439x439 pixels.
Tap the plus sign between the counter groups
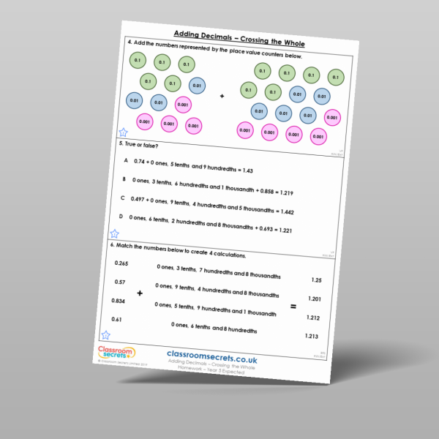pyautogui.click(x=222, y=96)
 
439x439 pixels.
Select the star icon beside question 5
pyautogui.click(x=114, y=234)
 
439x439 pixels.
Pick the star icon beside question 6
pyautogui.click(x=106, y=334)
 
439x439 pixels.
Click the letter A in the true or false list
pyautogui.click(x=125, y=160)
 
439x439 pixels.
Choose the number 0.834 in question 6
pyautogui.click(x=118, y=301)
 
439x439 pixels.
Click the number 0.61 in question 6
pyautogui.click(x=116, y=319)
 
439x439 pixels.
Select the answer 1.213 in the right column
pyautogui.click(x=311, y=336)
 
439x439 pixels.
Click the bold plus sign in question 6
pyautogui.click(x=140, y=293)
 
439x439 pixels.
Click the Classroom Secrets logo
pyautogui.click(x=116, y=355)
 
